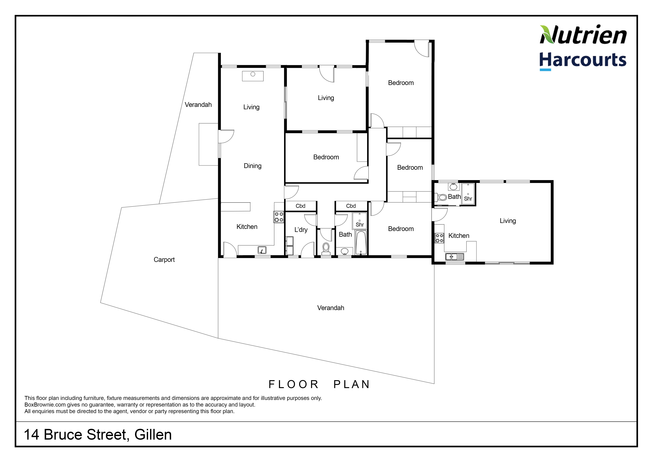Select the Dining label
pos(253,166)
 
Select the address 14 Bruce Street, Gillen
pos(98,435)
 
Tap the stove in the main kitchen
pos(279,217)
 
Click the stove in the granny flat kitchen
pos(439,238)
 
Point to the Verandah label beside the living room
pos(198,105)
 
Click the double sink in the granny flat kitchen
pos(455,257)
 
